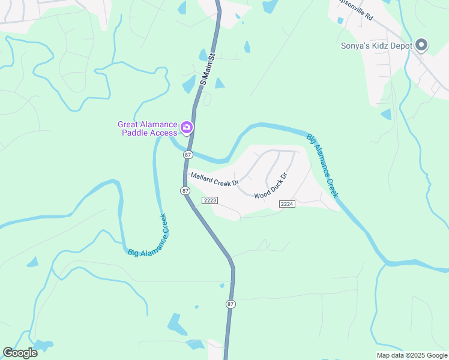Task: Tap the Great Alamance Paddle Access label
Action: [x=148, y=128]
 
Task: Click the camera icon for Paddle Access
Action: [x=187, y=127]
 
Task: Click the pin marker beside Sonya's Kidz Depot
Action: [x=421, y=45]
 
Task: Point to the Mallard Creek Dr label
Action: [x=215, y=179]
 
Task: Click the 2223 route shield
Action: [x=209, y=200]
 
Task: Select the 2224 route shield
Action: [x=287, y=205]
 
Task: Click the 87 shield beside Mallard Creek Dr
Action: [x=185, y=190]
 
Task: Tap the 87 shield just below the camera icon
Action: [x=188, y=154]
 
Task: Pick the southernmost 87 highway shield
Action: [x=231, y=304]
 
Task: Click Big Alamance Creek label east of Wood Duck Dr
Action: [x=323, y=165]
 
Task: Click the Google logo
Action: [x=20, y=353]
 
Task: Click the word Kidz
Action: [x=387, y=46]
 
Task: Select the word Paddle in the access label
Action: [x=135, y=133]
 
